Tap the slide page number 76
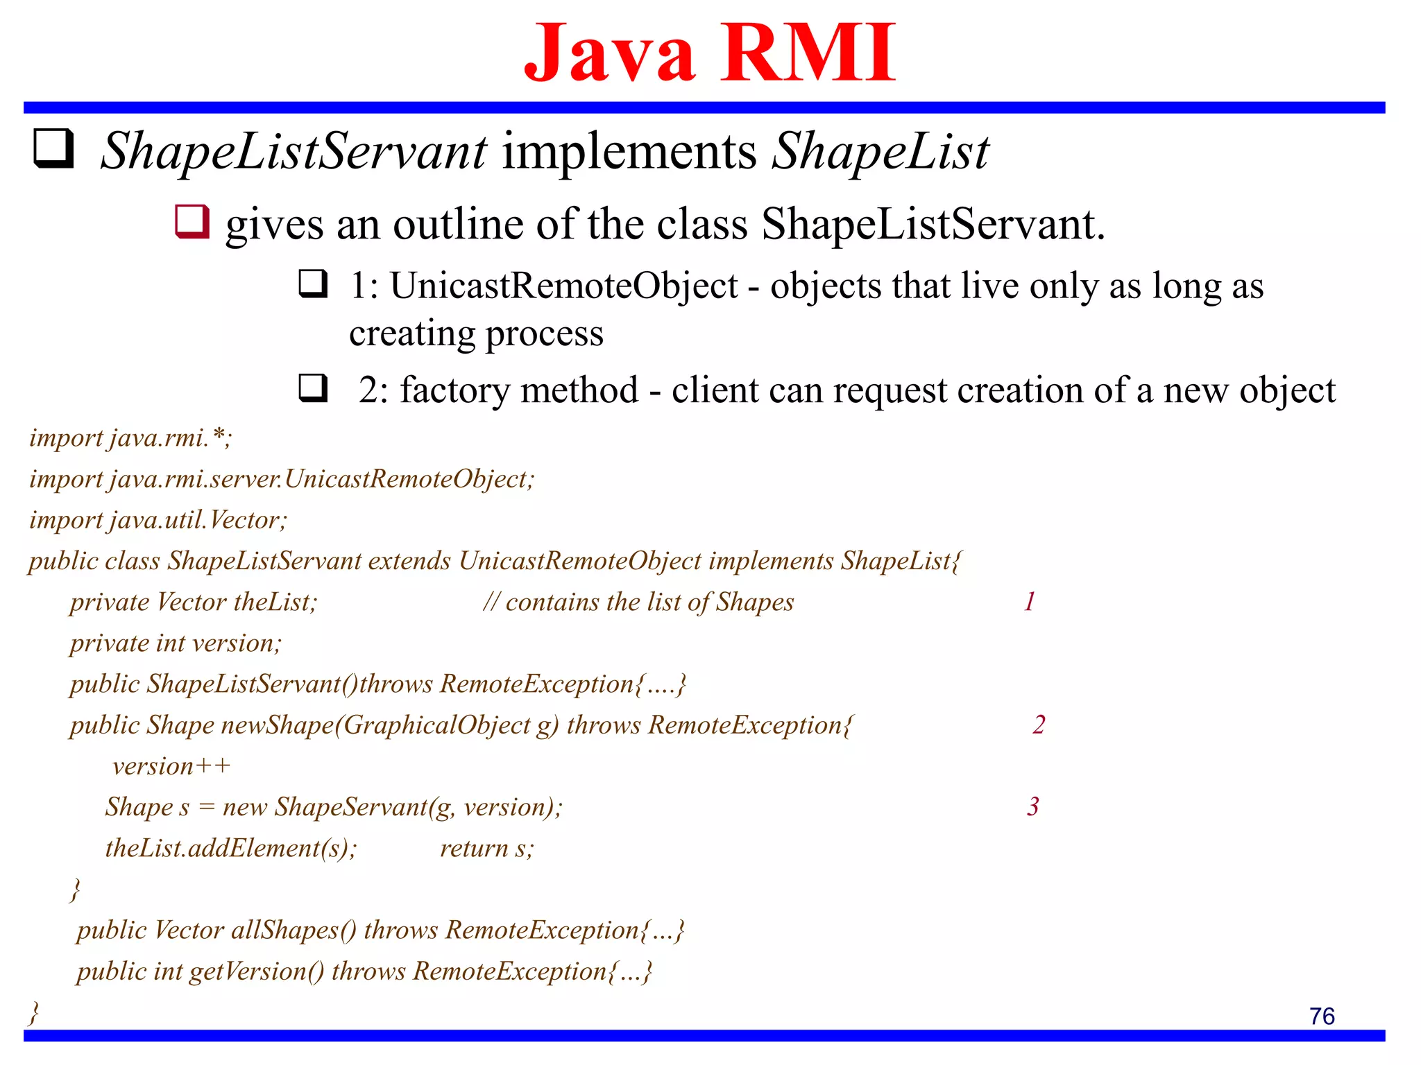click(x=1322, y=1016)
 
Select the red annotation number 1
click(x=1030, y=601)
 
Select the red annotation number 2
click(x=1038, y=724)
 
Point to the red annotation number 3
click(x=1033, y=806)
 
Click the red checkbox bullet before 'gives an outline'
click(x=192, y=222)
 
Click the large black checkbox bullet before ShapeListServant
click(x=53, y=148)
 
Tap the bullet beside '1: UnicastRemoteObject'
click(x=313, y=284)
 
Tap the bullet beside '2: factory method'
click(x=313, y=388)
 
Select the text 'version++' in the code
click(x=171, y=766)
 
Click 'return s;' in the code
click(x=487, y=848)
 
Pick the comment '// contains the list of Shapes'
click(x=638, y=602)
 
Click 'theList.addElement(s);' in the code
click(x=231, y=848)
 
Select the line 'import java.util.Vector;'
click(x=158, y=519)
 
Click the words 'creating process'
click(x=476, y=334)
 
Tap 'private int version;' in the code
click(x=176, y=643)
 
